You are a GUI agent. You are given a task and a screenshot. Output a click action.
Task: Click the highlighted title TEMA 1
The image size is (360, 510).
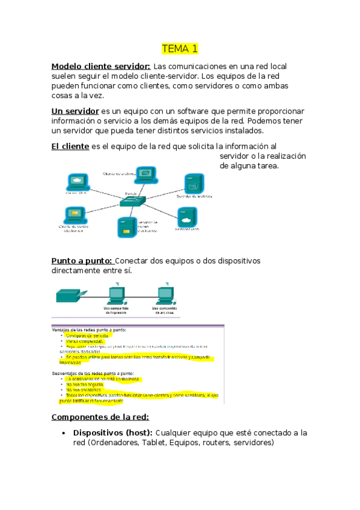tap(180, 48)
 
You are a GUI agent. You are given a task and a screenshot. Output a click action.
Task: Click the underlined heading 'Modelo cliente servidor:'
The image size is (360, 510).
tap(101, 66)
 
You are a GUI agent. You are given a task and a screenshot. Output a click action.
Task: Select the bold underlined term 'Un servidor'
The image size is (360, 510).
tap(75, 111)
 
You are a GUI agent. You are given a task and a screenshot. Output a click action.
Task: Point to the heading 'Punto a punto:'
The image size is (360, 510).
tap(82, 261)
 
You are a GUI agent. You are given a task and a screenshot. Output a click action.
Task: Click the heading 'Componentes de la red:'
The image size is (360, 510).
tap(100, 417)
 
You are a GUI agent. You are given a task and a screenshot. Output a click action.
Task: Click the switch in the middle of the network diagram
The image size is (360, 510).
tap(132, 201)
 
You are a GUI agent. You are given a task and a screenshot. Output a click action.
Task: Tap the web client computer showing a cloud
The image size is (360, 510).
tap(77, 181)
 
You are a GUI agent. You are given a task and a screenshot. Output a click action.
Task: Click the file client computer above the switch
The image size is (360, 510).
tap(145, 174)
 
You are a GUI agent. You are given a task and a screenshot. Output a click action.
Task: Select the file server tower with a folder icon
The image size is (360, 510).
tap(192, 183)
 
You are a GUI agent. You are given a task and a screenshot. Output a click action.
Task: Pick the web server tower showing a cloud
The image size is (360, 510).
tap(187, 218)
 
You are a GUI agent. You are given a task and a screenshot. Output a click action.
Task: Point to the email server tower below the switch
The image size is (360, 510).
tap(125, 226)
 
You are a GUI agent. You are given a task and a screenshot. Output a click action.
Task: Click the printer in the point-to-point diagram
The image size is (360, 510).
tap(70, 296)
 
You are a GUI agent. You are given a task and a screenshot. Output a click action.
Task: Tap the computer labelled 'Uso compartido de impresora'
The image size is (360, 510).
tap(115, 295)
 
